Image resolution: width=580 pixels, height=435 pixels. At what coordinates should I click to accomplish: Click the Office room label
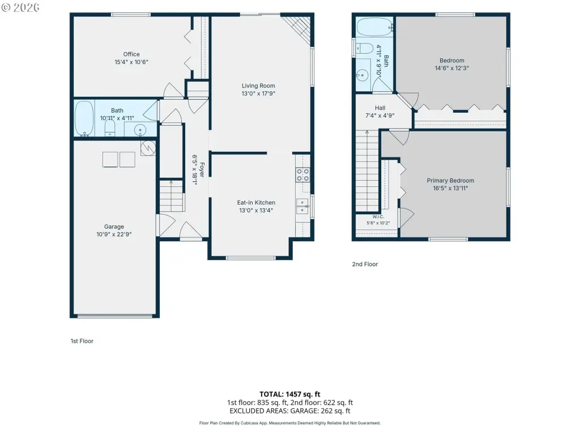click(x=131, y=54)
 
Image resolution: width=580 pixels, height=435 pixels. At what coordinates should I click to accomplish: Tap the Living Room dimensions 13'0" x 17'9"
click(x=258, y=93)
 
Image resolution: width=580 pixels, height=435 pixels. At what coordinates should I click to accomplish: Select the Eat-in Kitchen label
click(x=256, y=203)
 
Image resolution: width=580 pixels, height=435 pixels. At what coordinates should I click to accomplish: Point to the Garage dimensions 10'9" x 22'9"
click(x=114, y=234)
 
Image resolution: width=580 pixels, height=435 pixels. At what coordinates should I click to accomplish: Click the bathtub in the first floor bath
click(x=84, y=118)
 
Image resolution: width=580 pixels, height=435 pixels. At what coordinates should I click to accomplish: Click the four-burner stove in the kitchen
click(x=302, y=175)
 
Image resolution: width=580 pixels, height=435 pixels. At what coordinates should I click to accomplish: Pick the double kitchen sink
click(x=302, y=206)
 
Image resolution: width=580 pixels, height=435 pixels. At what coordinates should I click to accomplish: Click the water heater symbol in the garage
click(x=148, y=148)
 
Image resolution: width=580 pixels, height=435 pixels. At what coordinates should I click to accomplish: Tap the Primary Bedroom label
click(x=450, y=181)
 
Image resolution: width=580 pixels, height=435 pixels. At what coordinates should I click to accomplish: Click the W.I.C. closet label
click(x=378, y=217)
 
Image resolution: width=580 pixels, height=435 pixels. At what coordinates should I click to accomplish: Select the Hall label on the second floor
click(x=380, y=108)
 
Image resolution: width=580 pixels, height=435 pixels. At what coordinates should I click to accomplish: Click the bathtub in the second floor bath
click(x=374, y=27)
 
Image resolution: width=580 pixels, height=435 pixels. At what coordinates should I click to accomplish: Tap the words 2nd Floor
click(x=365, y=264)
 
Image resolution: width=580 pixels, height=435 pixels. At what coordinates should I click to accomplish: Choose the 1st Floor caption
click(x=82, y=341)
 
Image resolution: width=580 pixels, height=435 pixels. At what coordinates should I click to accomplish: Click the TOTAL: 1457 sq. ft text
click(x=289, y=394)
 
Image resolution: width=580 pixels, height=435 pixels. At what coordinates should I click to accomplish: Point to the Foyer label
click(x=202, y=170)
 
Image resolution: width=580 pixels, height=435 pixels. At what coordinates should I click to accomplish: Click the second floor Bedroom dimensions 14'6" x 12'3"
click(x=451, y=68)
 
